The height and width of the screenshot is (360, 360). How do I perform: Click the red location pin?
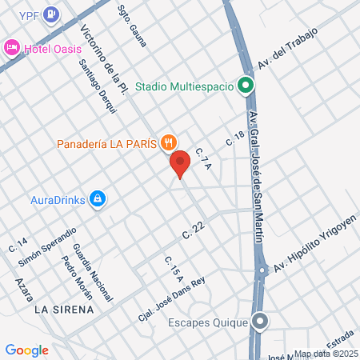click(180, 163)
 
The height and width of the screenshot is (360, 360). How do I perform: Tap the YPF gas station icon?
click(52, 14)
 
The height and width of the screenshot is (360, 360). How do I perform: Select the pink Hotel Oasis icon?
click(13, 48)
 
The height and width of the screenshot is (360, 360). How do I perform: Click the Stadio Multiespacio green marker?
click(246, 86)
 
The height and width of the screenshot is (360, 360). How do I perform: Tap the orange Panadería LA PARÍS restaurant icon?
click(167, 143)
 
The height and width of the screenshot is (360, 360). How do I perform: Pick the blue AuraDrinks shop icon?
click(98, 198)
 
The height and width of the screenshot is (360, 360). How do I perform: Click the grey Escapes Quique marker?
click(260, 323)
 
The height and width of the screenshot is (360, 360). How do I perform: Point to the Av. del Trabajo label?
click(287, 49)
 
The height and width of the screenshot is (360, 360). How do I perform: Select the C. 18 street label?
click(234, 137)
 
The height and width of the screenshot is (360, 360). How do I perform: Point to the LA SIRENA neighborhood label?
click(64, 308)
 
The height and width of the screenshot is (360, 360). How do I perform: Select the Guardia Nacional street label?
click(86, 271)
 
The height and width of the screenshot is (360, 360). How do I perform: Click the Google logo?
click(27, 350)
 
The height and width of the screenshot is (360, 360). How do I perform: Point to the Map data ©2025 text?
click(326, 354)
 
